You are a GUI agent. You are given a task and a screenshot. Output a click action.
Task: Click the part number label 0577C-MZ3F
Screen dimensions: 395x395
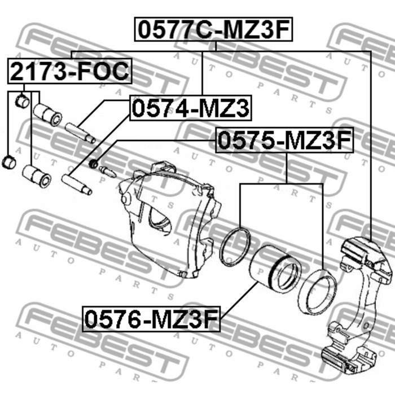click(x=213, y=29)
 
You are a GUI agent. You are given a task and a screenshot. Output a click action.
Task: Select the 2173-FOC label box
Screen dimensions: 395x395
click(x=69, y=71)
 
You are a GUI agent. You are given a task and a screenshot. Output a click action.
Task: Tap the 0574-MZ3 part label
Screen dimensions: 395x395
click(x=191, y=108)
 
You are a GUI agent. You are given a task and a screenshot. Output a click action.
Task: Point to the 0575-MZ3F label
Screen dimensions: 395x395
click(x=284, y=140)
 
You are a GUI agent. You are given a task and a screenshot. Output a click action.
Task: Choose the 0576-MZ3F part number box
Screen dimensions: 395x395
click(x=151, y=319)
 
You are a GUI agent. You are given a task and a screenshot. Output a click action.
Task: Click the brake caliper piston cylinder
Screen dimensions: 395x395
click(x=275, y=268)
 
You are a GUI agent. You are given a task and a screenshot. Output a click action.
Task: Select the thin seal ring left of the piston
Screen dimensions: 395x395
click(x=235, y=247)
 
